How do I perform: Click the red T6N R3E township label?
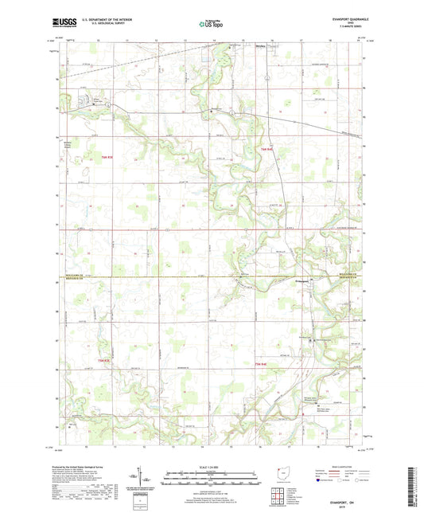(x=107, y=156)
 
